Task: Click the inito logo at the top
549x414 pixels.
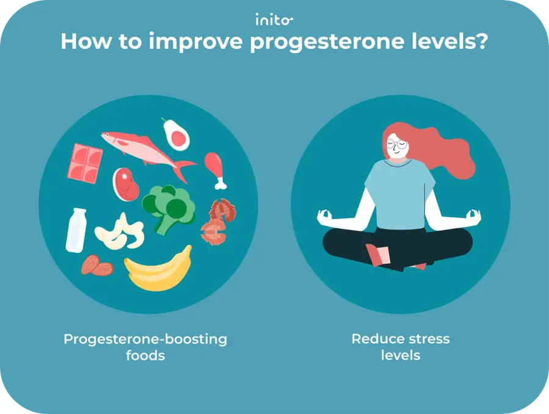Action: tap(274, 20)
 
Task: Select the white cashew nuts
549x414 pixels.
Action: tap(120, 232)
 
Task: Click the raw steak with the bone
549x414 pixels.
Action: tap(126, 183)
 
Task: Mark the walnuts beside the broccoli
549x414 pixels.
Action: tap(218, 220)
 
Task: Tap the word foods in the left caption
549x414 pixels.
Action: tap(145, 355)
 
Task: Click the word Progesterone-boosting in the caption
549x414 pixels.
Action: tap(145, 339)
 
